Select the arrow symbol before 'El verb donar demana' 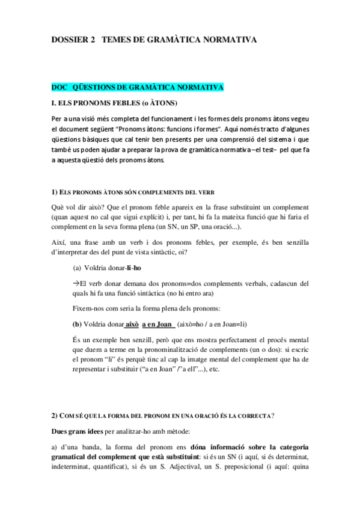tap(76, 282)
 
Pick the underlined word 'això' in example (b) tap(132, 324)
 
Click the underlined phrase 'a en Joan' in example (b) tap(157, 324)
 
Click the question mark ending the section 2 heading tap(273, 416)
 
